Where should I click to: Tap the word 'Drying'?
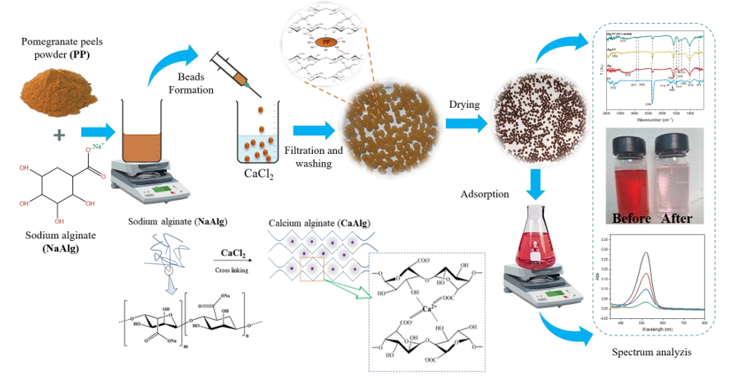(464, 105)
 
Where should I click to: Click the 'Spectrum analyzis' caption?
(653, 352)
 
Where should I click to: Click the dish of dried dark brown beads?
(536, 118)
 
